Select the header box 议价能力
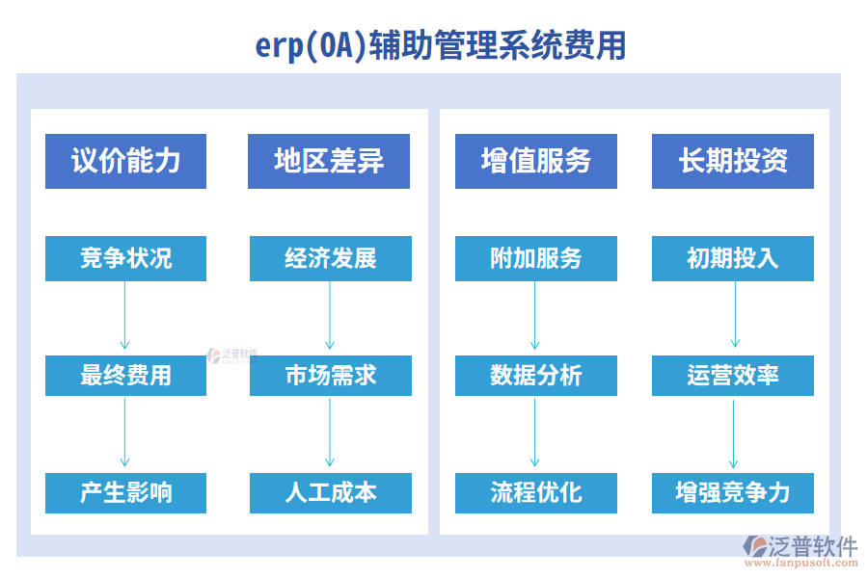(x=125, y=161)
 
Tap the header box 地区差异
(x=329, y=161)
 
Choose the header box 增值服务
(x=536, y=161)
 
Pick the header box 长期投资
(x=733, y=161)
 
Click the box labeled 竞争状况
(x=125, y=258)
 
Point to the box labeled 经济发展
(x=330, y=258)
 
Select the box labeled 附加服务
(x=536, y=258)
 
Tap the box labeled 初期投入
(x=733, y=258)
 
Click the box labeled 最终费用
(x=125, y=375)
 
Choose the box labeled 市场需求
(x=330, y=375)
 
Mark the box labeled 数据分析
(x=536, y=375)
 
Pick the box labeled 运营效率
(x=733, y=375)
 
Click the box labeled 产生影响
(x=125, y=492)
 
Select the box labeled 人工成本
(x=330, y=492)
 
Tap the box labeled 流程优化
(x=536, y=492)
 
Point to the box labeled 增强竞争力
(x=733, y=492)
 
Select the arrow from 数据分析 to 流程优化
(x=535, y=433)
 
